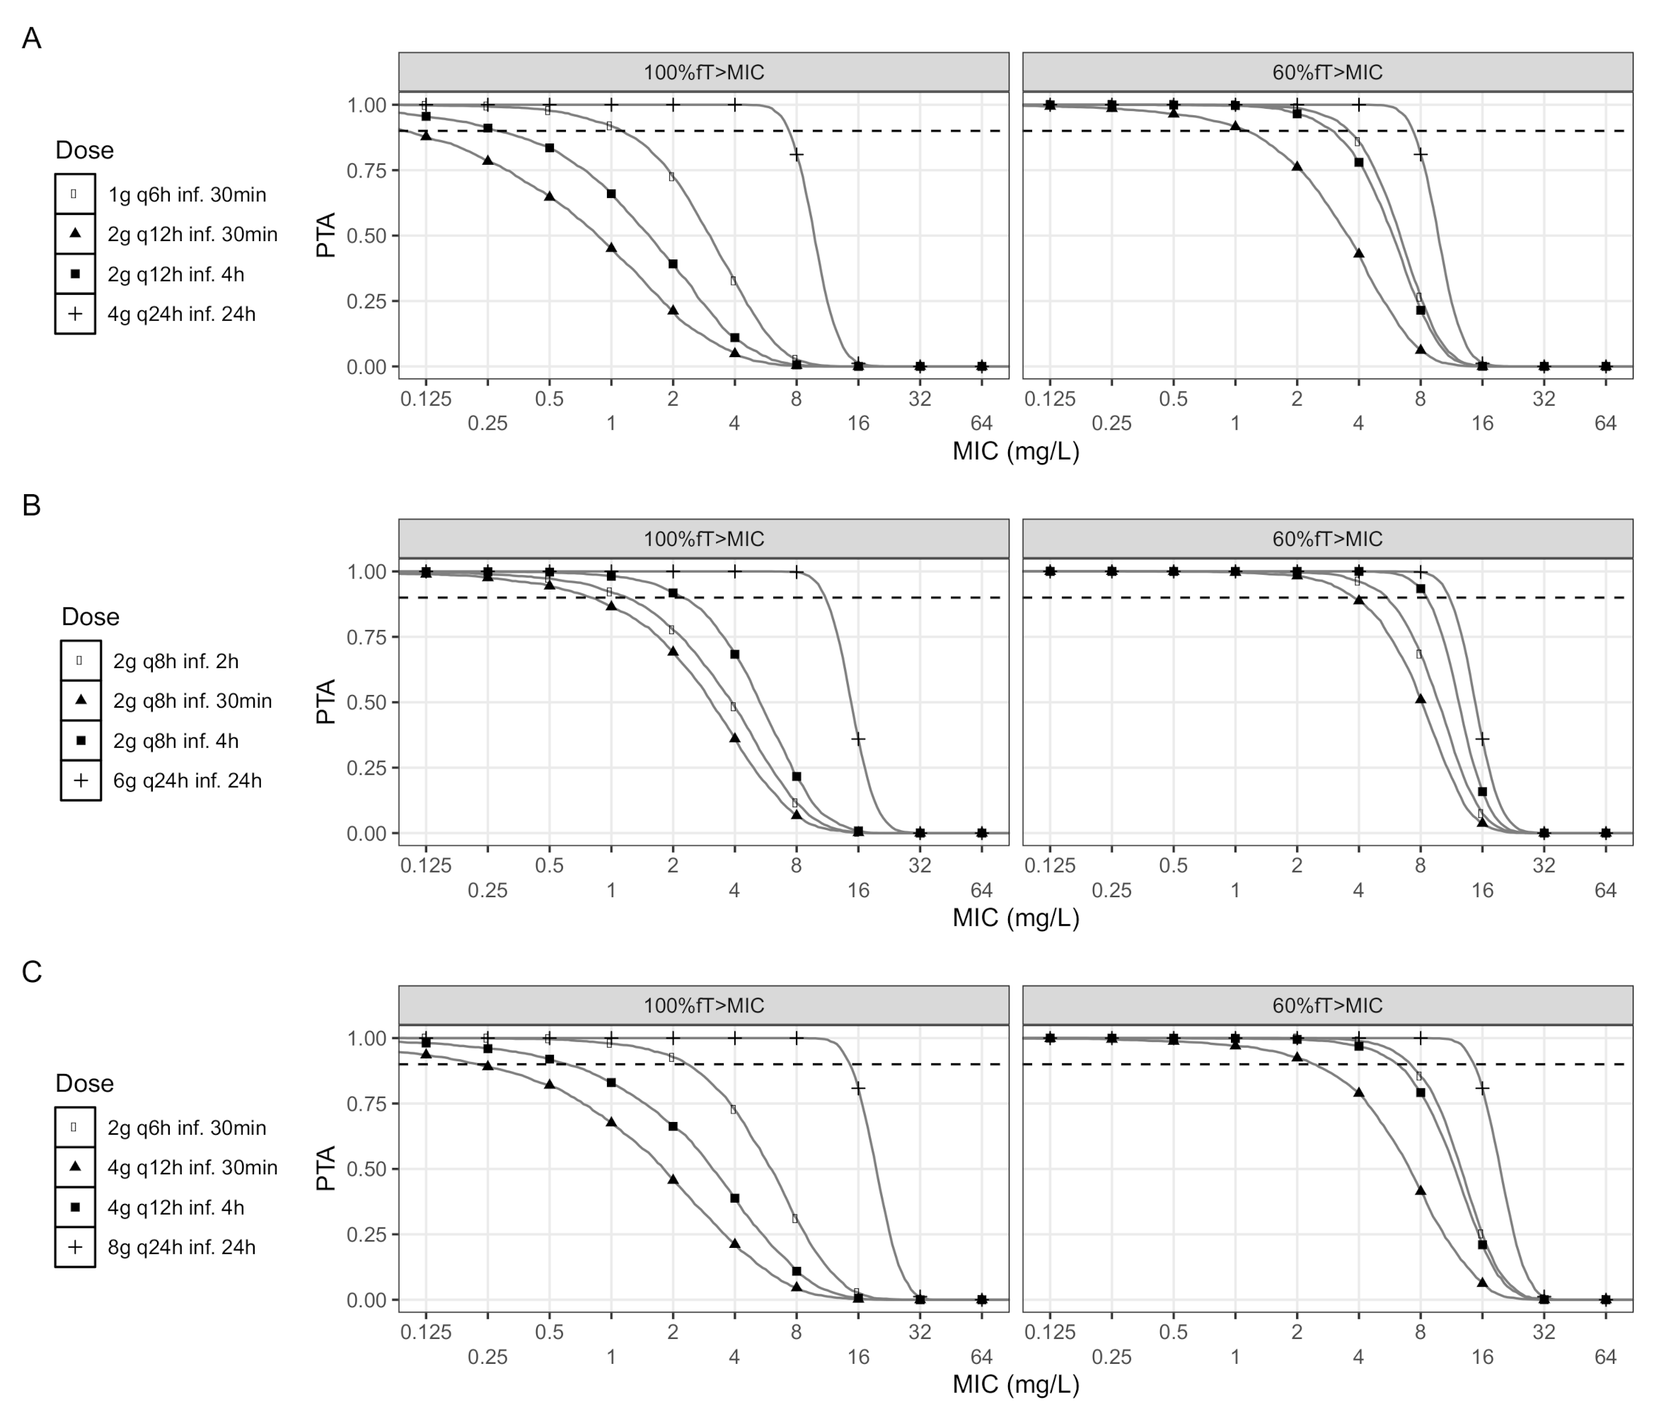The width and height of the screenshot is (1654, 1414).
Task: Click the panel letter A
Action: (31, 38)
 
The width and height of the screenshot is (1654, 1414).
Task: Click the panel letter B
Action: (31, 505)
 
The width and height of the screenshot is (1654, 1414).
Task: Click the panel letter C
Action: (31, 972)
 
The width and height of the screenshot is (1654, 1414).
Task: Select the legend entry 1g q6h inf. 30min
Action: (187, 194)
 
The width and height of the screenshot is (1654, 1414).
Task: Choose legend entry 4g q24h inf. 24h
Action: (181, 315)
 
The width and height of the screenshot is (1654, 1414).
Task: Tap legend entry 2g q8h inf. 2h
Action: (175, 662)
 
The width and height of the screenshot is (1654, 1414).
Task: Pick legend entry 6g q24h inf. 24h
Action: (187, 781)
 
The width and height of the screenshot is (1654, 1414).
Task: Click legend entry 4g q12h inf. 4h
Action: (175, 1208)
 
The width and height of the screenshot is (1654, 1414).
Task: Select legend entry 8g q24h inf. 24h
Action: (181, 1247)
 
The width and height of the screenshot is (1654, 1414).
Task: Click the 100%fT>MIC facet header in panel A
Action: (703, 73)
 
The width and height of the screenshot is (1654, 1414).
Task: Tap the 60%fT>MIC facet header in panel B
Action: (1326, 539)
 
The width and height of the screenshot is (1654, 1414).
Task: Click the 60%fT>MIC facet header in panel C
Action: (1326, 1005)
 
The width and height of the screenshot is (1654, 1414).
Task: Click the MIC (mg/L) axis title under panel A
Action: (1015, 452)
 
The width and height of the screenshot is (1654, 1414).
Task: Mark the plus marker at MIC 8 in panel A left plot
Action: (796, 154)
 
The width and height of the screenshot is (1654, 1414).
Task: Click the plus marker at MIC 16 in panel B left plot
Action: (858, 739)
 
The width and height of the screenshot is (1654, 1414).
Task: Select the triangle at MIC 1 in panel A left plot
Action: (611, 247)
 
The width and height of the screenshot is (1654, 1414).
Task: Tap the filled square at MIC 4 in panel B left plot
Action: (734, 655)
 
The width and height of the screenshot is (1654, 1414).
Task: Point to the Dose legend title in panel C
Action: (85, 1083)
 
